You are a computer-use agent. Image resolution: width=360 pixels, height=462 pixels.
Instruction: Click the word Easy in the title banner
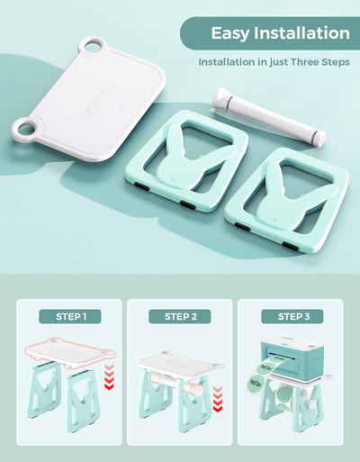229,34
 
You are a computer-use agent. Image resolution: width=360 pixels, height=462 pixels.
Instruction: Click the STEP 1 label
69,316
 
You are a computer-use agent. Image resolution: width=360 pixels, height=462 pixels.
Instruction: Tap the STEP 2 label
179,316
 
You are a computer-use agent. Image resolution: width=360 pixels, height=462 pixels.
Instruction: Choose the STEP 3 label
289,316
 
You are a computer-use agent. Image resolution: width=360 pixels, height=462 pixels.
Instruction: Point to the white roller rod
267,115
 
